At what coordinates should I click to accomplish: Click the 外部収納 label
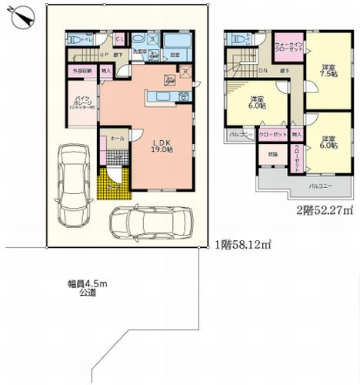tap(83, 71)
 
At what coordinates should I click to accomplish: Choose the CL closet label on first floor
tap(120, 39)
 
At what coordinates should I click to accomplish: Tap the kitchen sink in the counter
tap(185, 95)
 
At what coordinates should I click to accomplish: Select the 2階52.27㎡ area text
tap(324, 209)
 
